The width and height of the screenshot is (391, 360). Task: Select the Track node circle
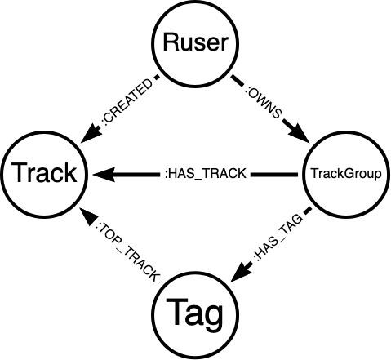pyautogui.click(x=43, y=131)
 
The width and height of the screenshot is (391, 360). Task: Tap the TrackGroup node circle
pyautogui.click(x=346, y=132)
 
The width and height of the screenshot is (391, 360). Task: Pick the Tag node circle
pyautogui.click(x=195, y=271)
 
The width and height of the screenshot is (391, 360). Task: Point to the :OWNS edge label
pyautogui.click(x=263, y=104)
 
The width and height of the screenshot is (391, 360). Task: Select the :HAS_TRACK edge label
pyautogui.click(x=206, y=174)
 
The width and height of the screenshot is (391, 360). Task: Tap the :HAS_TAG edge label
pyautogui.click(x=278, y=237)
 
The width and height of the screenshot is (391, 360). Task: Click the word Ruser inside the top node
pyautogui.click(x=195, y=42)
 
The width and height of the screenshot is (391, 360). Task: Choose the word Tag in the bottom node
pyautogui.click(x=195, y=313)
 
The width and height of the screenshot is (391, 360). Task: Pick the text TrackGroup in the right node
pyautogui.click(x=346, y=174)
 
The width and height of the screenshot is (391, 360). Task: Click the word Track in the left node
pyautogui.click(x=43, y=172)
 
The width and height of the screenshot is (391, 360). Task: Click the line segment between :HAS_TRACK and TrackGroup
pyautogui.click(x=274, y=174)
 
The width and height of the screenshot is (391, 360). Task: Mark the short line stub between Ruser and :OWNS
pyautogui.click(x=238, y=82)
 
